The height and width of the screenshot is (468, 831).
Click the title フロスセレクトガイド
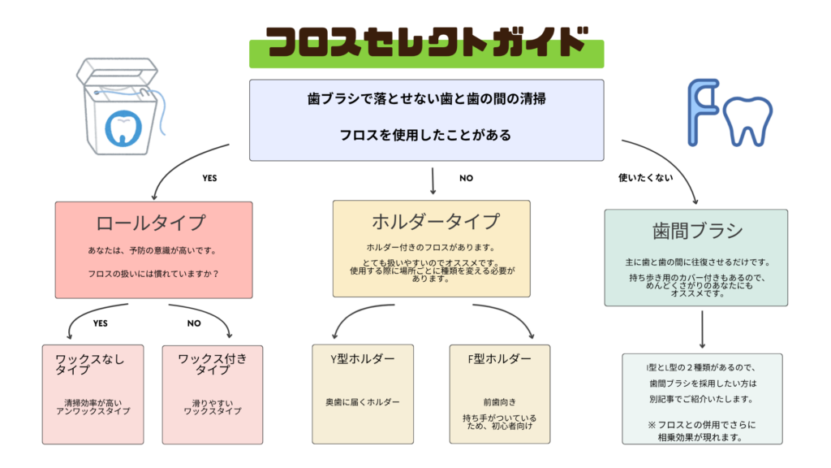click(x=426, y=42)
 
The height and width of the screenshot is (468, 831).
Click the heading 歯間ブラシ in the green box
click(x=697, y=231)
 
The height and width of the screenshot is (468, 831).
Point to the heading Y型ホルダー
click(x=363, y=359)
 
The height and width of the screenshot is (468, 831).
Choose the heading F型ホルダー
click(x=499, y=359)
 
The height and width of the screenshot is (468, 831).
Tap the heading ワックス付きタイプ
click(x=213, y=364)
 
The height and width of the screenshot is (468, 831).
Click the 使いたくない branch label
click(x=645, y=177)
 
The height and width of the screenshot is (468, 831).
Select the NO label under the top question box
click(x=466, y=177)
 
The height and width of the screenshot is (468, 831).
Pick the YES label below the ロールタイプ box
click(x=100, y=323)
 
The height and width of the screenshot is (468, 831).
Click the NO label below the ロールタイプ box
click(x=194, y=323)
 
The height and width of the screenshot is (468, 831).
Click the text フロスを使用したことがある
click(x=426, y=135)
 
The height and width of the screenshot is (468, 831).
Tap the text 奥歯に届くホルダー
click(x=363, y=401)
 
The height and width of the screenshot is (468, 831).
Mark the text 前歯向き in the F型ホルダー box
click(x=500, y=401)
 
